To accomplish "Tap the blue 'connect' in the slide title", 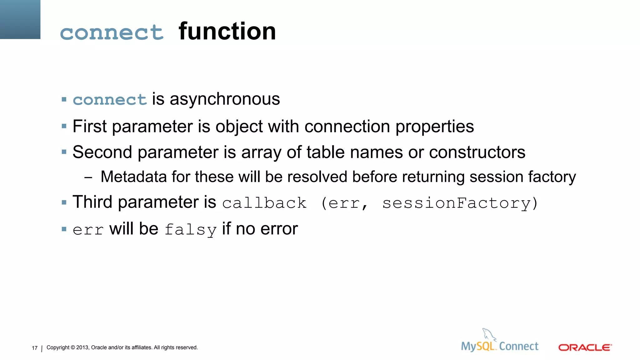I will coord(112,32).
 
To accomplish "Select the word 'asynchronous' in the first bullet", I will coord(225,99).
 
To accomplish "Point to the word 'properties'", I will coord(434,127).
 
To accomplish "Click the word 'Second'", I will coord(102,152).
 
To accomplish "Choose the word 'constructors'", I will coord(477,152).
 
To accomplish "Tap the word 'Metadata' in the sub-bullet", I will coord(133,177).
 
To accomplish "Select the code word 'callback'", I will coord(264,203).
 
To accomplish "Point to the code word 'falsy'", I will coord(190,230).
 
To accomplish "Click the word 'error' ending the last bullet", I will coord(279,229).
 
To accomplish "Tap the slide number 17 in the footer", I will coord(35,348).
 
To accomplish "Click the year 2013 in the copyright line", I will coord(82,347).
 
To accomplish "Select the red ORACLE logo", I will coord(585,347).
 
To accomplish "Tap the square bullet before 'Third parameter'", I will coord(64,202).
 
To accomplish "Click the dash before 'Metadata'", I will coord(88,177).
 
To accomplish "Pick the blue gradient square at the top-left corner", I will coord(20,19).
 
